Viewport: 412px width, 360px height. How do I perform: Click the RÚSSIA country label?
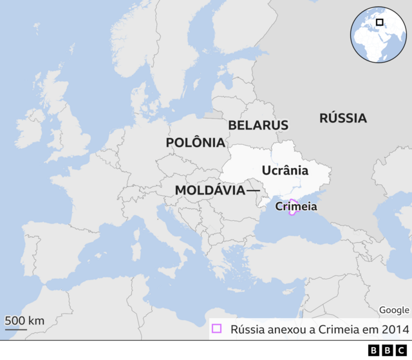(343, 118)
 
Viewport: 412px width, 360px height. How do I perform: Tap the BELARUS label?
(258, 125)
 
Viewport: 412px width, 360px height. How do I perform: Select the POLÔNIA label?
(195, 142)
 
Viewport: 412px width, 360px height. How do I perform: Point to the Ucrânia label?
(285, 171)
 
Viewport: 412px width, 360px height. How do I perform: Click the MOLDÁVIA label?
(209, 191)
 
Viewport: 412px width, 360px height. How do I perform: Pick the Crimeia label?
(295, 207)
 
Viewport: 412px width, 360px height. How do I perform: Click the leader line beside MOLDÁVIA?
(252, 191)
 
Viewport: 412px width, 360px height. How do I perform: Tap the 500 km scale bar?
(16, 329)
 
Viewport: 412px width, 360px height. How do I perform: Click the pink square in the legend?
(216, 329)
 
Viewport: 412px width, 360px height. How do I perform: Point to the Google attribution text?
(393, 310)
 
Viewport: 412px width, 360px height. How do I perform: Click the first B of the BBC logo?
(374, 350)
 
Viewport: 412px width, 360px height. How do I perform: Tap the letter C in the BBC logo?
(401, 350)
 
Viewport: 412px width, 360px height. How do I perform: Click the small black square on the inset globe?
(379, 23)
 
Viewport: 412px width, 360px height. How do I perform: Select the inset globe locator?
(378, 35)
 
